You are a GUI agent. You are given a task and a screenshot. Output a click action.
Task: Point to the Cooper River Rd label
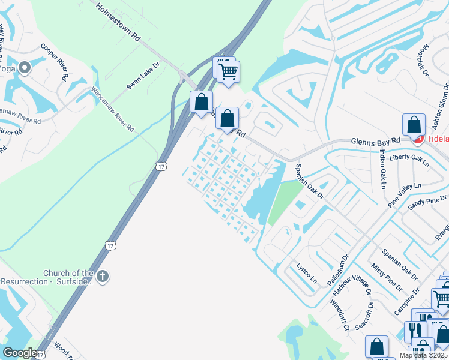(54, 61)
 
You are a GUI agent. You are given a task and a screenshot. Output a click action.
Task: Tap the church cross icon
(103, 277)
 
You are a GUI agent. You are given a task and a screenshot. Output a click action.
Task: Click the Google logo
(20, 353)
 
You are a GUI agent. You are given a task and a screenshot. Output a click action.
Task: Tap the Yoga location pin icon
(25, 68)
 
